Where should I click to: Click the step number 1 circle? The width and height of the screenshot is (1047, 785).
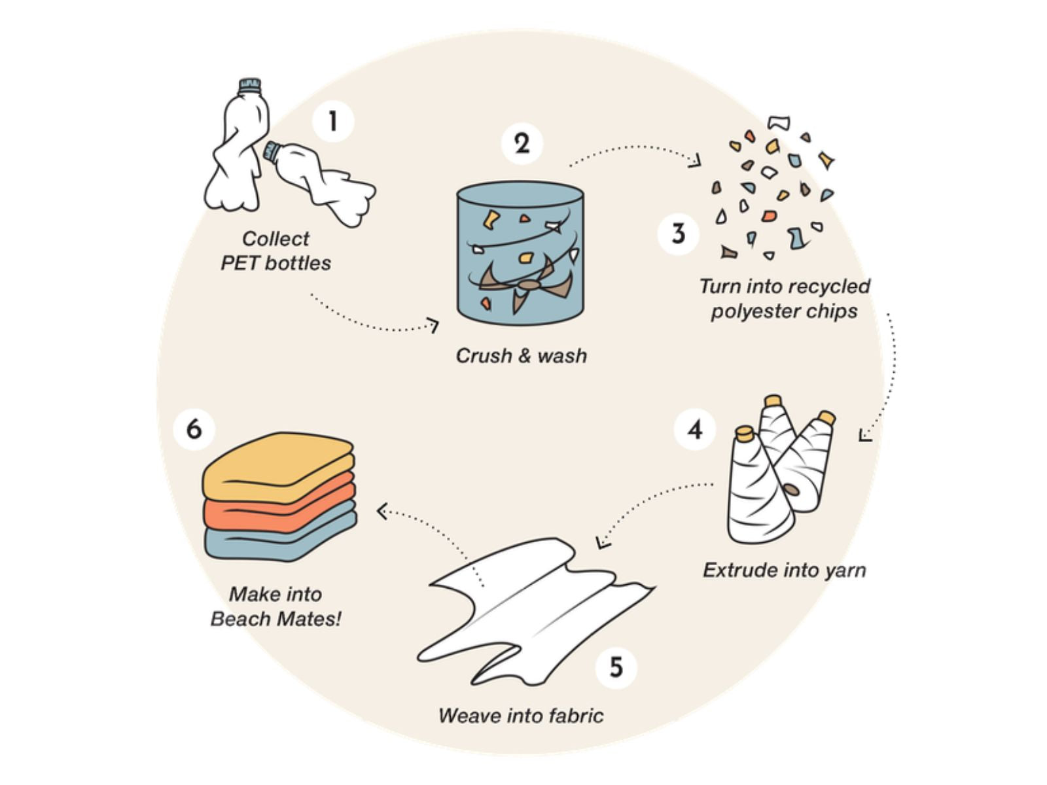coord(333,122)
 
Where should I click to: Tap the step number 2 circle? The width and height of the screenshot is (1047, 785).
coord(522,143)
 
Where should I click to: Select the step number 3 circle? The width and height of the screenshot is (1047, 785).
coord(679,234)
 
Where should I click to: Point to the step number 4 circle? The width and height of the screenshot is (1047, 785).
coord(695,429)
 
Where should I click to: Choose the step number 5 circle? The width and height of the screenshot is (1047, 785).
coord(616,667)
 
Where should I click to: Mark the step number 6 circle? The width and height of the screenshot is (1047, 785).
coord(194,429)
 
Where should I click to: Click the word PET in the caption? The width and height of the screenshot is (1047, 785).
coord(241,263)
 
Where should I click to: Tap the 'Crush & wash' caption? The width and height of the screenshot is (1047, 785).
coord(521,355)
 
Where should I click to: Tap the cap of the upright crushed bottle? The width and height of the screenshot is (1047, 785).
coord(250,85)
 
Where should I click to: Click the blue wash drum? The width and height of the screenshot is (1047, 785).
coord(520,255)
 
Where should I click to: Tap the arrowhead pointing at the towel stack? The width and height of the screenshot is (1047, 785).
coord(382,510)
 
